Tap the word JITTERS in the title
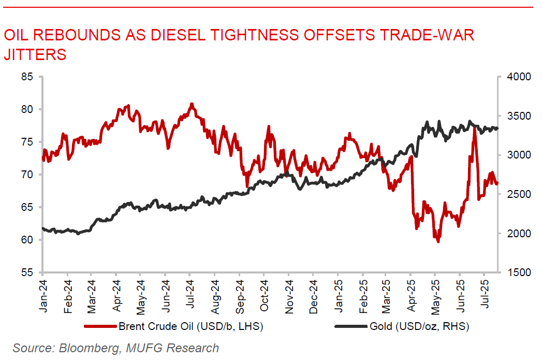pos(35,54)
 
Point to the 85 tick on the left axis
pos(26,77)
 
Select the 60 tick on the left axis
pos(26,240)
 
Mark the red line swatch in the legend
pos(100,327)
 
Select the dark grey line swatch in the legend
pos(351,327)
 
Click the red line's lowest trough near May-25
pos(438,241)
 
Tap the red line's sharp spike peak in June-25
pos(474,127)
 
